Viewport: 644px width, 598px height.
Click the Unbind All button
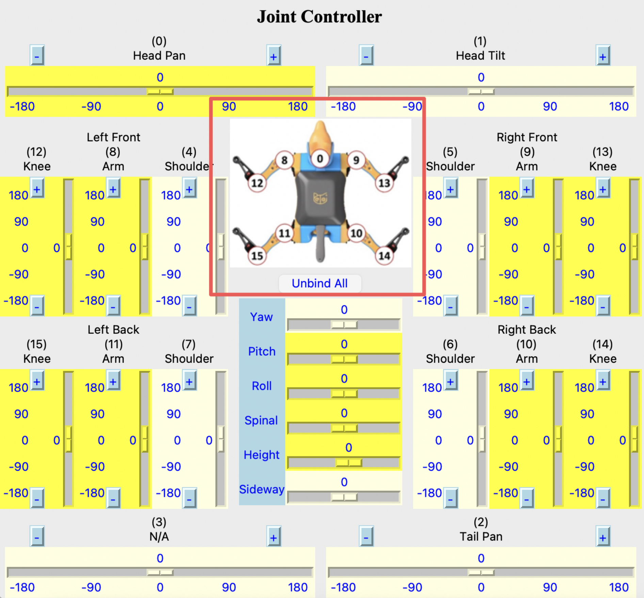tap(320, 283)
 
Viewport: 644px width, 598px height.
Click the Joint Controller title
tap(319, 17)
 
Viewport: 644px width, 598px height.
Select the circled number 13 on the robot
tap(384, 183)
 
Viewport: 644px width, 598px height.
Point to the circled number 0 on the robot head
tap(320, 159)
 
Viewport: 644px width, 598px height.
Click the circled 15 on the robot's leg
tap(257, 256)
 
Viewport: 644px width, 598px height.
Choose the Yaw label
tap(261, 317)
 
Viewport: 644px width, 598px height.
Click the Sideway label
tap(261, 489)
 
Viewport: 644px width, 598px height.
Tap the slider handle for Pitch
tap(344, 359)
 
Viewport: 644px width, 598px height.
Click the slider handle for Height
tap(349, 463)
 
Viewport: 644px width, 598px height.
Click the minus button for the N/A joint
tap(37, 537)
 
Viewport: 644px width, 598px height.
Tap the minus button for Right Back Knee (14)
tap(602, 498)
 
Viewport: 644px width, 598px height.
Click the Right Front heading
tap(527, 137)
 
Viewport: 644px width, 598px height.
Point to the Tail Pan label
tap(481, 537)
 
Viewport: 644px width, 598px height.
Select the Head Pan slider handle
tap(160, 92)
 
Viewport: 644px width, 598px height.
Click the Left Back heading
tap(113, 330)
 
